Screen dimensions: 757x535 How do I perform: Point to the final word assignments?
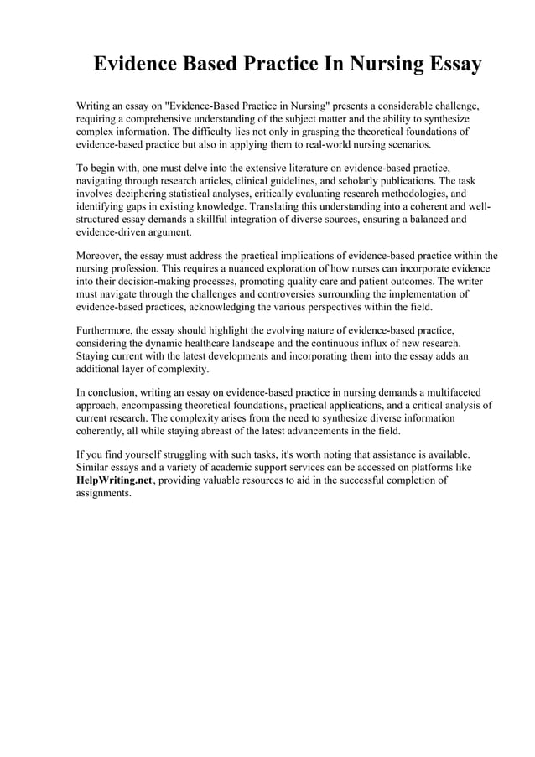(x=103, y=494)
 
